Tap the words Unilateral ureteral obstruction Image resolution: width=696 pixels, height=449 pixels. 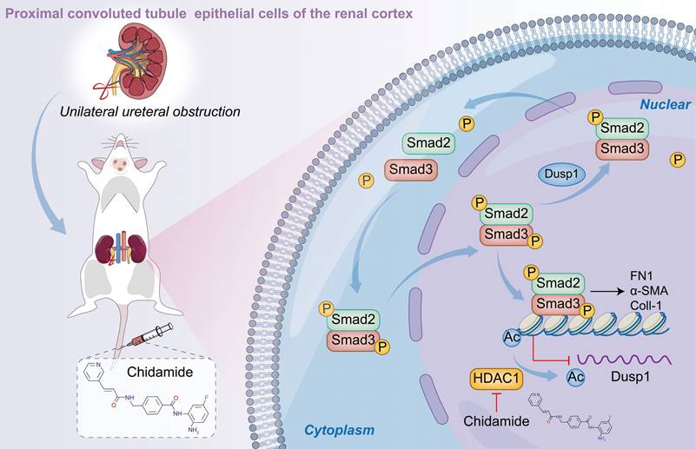149,111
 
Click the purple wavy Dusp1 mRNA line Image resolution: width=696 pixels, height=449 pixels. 626,360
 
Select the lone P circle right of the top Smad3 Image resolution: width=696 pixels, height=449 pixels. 676,159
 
